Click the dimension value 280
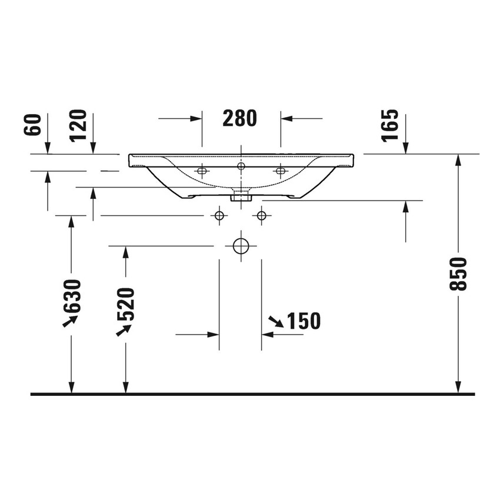[240, 118]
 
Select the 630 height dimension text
[72, 296]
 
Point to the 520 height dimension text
[125, 304]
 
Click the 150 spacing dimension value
[304, 321]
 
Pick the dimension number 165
[389, 125]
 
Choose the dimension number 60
[34, 125]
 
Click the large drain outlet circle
[241, 246]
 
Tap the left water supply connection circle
[219, 216]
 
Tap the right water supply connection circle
[261, 216]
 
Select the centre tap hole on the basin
[241, 166]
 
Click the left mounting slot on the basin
[202, 171]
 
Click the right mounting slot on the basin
[280, 171]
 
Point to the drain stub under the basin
[240, 195]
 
